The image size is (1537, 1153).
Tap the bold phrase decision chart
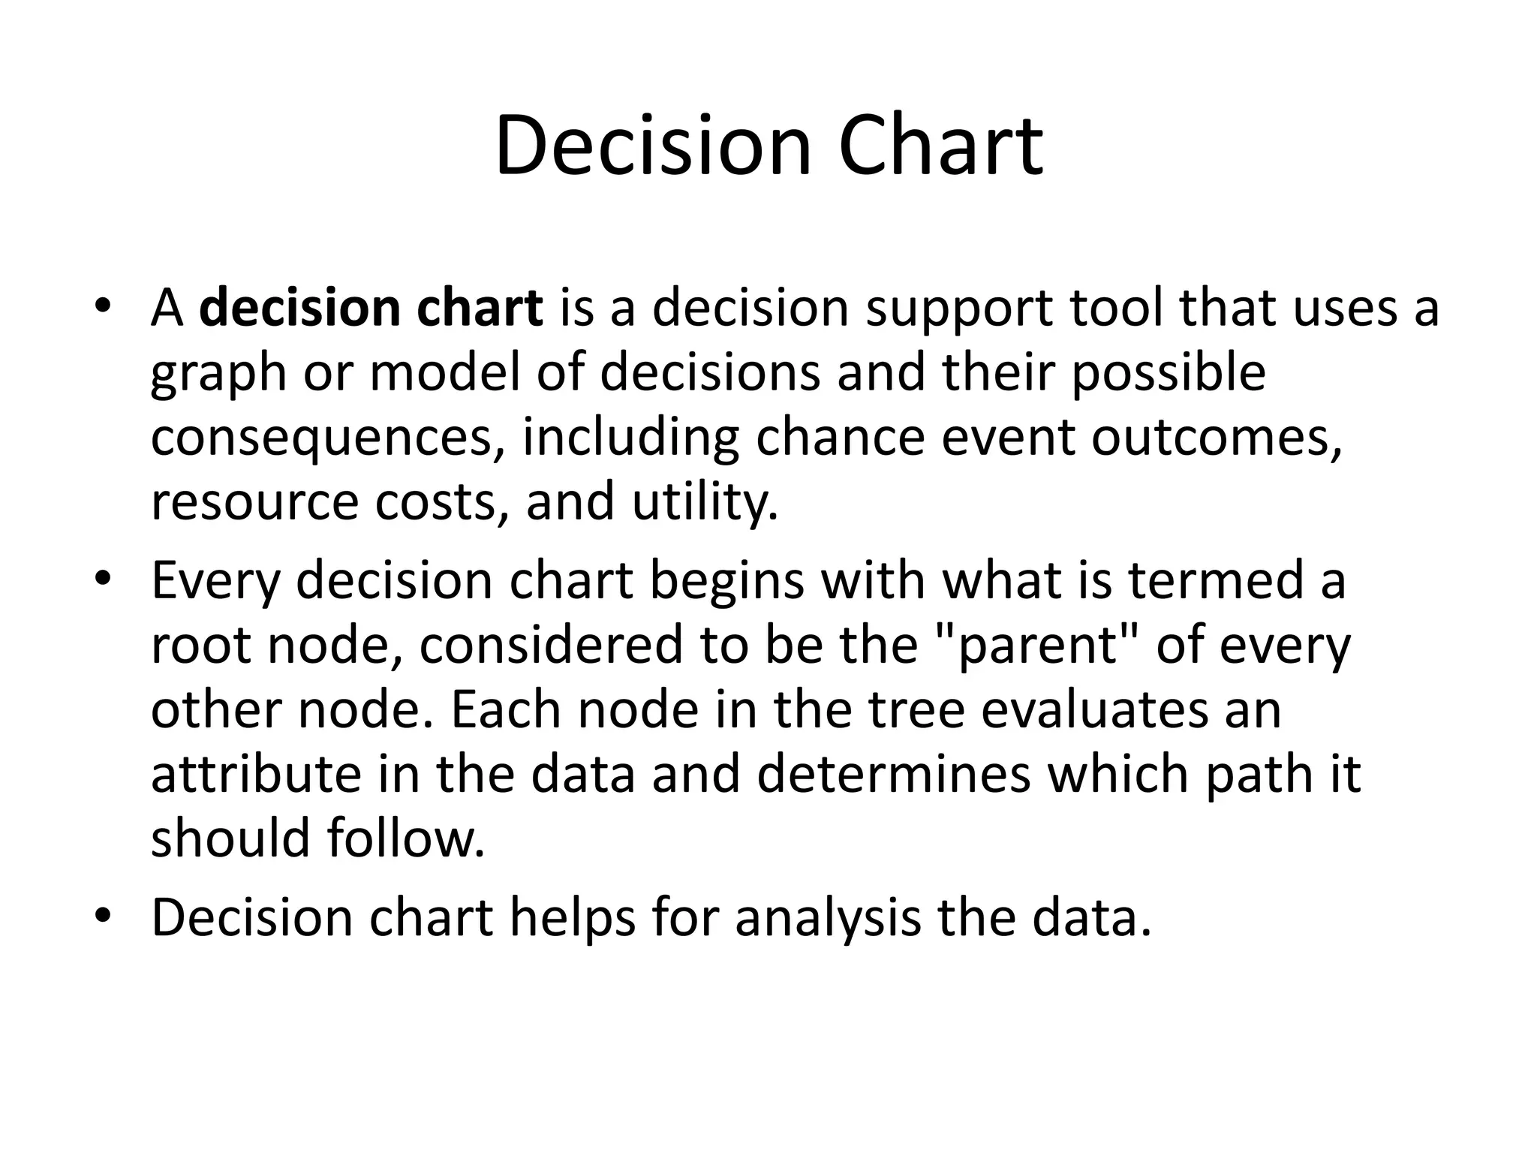(371, 308)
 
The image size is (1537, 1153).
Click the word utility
(704, 501)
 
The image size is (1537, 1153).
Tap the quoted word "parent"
(1038, 645)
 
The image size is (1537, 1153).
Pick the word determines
(893, 774)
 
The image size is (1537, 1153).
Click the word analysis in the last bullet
(828, 917)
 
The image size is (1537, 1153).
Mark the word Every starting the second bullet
(215, 581)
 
